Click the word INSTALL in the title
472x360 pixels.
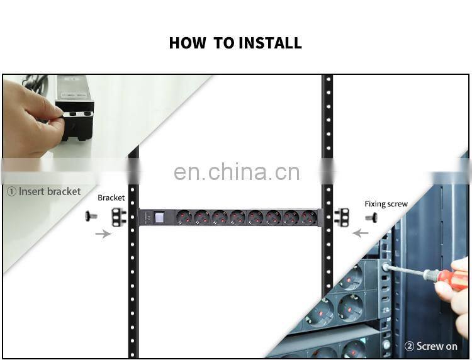(270, 43)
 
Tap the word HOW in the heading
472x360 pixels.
(187, 43)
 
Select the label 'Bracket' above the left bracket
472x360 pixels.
(111, 198)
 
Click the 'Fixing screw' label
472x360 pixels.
(386, 204)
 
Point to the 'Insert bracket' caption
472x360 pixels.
(50, 191)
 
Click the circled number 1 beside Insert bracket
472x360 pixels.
(11, 191)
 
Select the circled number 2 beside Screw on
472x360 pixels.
(410, 346)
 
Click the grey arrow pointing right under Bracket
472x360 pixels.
(101, 233)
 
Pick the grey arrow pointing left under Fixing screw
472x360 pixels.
(360, 233)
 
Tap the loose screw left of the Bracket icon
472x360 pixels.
(91, 217)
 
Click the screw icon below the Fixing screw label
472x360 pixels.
(371, 217)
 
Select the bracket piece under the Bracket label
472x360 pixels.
(117, 217)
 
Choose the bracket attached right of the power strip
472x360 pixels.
(342, 217)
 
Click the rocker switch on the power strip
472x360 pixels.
(159, 218)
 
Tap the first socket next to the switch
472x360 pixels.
(184, 218)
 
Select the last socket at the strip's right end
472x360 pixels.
(309, 218)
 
